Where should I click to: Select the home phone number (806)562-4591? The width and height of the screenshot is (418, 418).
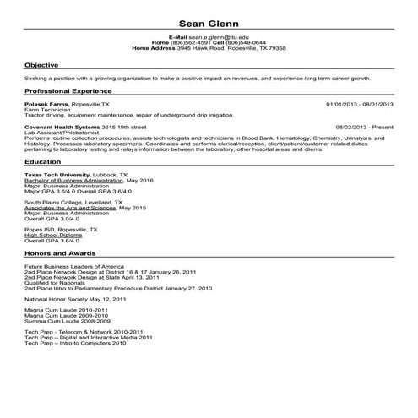tap(188, 43)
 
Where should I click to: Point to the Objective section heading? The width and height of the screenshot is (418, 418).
tap(41, 64)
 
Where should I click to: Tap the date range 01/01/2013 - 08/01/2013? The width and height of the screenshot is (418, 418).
tap(360, 101)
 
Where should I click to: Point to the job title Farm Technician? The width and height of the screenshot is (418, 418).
tap(46, 107)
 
